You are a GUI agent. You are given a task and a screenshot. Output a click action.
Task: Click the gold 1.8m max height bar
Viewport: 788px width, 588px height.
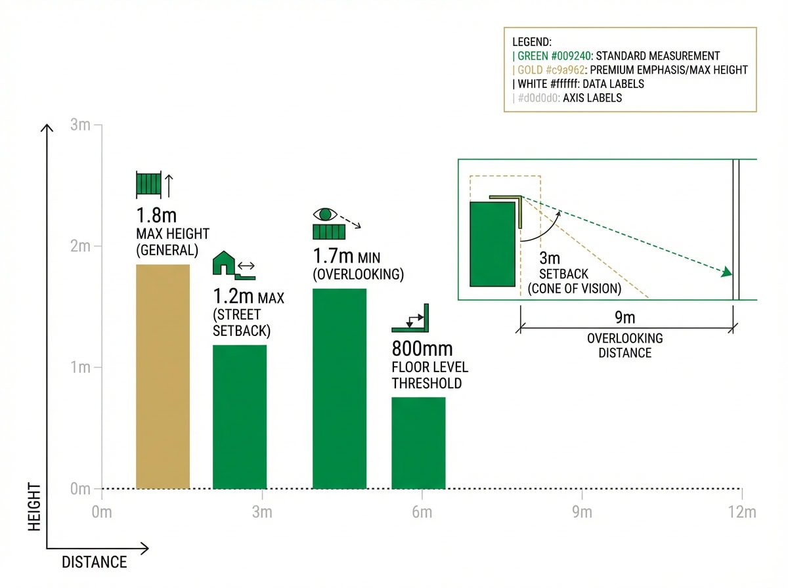[x=163, y=377]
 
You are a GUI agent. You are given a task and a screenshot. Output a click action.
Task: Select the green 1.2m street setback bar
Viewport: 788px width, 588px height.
[x=240, y=417]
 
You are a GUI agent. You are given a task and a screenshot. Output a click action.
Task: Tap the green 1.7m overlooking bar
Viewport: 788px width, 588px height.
[x=339, y=388]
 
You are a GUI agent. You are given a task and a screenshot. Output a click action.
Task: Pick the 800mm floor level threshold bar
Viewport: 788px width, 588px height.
[x=418, y=443]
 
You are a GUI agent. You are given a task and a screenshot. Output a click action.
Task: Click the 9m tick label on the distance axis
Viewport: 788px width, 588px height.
[x=582, y=513]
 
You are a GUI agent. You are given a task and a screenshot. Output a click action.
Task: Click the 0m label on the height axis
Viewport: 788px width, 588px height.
[x=80, y=489]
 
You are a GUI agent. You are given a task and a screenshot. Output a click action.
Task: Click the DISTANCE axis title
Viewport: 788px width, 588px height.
[x=94, y=562]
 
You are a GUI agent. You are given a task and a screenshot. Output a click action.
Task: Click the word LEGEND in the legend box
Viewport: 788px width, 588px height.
[x=532, y=42]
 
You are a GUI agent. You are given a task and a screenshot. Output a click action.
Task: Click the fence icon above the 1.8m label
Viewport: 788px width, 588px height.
[x=148, y=184]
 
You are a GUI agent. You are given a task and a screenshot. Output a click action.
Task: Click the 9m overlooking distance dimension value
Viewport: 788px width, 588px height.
[x=624, y=318]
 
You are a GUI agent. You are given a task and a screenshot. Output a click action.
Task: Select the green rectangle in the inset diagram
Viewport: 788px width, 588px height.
[x=492, y=244]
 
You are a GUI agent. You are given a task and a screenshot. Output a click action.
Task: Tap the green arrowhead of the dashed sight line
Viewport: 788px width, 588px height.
[x=727, y=273]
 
